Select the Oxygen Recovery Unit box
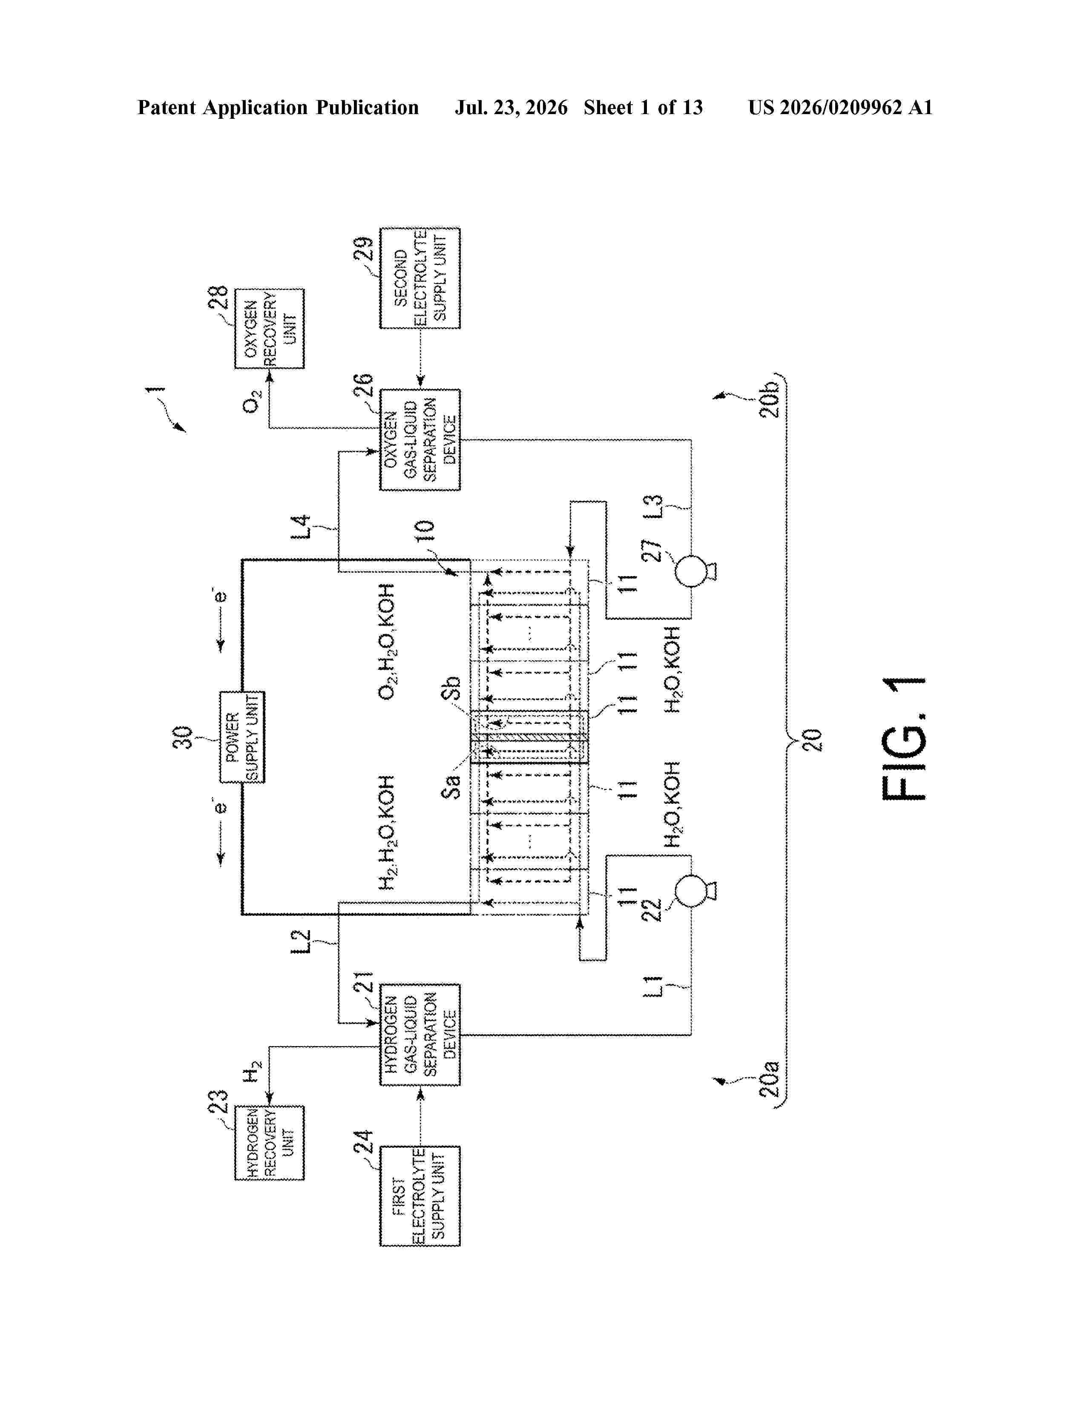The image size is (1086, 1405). (269, 328)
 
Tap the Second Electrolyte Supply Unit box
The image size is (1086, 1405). (420, 278)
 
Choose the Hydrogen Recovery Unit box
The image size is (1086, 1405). (269, 1143)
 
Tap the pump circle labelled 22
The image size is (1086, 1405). (691, 890)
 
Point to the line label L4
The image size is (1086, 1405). (300, 528)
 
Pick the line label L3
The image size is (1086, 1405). (652, 508)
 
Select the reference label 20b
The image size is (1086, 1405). (770, 399)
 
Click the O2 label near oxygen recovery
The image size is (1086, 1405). (252, 401)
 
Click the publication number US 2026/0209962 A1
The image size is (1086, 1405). (840, 107)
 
